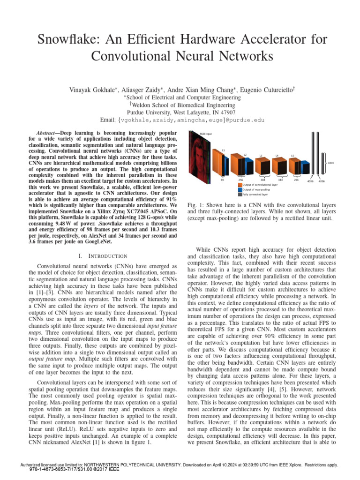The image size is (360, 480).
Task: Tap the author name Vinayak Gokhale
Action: click(94, 90)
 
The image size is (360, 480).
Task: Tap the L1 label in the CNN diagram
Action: click(224, 150)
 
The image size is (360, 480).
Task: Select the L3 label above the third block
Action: click(261, 155)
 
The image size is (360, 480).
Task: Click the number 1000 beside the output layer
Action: click(330, 163)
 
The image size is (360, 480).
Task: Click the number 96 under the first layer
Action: click(223, 180)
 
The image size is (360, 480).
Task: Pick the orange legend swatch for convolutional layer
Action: click(239, 185)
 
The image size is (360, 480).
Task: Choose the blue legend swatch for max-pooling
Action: click(239, 189)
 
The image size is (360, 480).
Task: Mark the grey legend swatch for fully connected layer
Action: click(239, 194)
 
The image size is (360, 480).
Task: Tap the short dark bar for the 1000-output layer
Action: click(322, 163)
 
